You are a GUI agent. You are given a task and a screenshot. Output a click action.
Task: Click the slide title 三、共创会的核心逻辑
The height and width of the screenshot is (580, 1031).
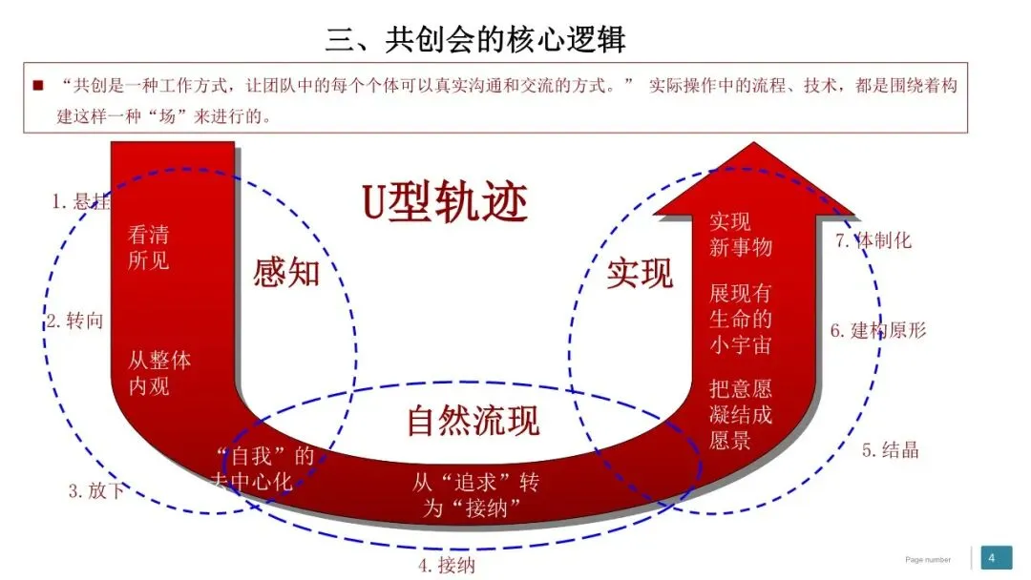tap(475, 40)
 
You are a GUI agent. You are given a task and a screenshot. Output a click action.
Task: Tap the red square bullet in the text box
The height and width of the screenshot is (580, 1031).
tap(38, 86)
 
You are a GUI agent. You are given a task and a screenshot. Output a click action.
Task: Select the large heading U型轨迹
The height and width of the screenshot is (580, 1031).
tap(445, 201)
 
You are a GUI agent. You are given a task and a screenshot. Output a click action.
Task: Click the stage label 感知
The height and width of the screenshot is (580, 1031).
tap(285, 274)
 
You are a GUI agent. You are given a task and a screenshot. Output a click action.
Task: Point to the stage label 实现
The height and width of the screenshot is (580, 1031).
tap(641, 274)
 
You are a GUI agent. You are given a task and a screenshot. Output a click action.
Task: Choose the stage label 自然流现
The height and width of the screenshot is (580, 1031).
tap(473, 421)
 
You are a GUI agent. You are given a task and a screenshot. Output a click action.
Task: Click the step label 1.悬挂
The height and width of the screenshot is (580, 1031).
tap(81, 202)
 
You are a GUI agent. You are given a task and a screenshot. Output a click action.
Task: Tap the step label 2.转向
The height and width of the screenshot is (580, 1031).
tap(74, 321)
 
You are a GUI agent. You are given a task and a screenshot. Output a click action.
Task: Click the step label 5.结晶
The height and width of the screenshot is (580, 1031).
tap(890, 450)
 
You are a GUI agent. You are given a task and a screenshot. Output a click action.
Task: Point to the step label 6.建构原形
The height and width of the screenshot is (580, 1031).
tap(877, 331)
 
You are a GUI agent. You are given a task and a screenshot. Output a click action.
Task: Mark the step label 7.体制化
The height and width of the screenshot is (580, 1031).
tap(873, 240)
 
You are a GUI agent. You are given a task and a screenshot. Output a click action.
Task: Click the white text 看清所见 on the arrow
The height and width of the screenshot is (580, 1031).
tap(148, 247)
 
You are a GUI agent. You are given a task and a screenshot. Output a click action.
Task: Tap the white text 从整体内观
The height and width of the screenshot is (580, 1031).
tap(159, 374)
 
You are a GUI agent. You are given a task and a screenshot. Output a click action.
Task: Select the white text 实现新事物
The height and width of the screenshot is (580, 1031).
tap(740, 235)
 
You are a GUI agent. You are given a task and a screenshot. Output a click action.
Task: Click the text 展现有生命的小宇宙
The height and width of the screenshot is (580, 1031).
tap(740, 319)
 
